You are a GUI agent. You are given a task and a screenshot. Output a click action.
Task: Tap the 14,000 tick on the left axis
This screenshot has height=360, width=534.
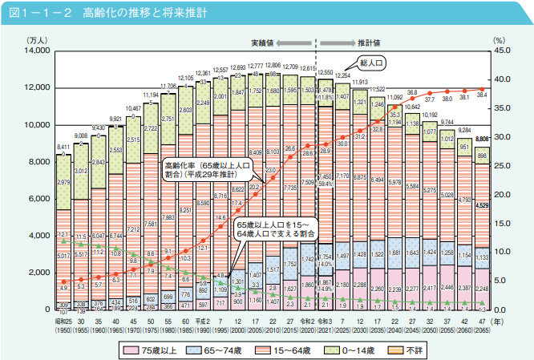tap(37, 51)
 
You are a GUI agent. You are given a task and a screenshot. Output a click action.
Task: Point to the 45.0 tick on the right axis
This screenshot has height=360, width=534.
tap(502, 51)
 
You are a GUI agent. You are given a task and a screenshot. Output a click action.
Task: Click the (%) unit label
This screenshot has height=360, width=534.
tap(498, 39)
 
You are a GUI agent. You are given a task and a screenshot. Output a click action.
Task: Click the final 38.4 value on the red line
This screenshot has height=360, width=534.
tap(482, 95)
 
